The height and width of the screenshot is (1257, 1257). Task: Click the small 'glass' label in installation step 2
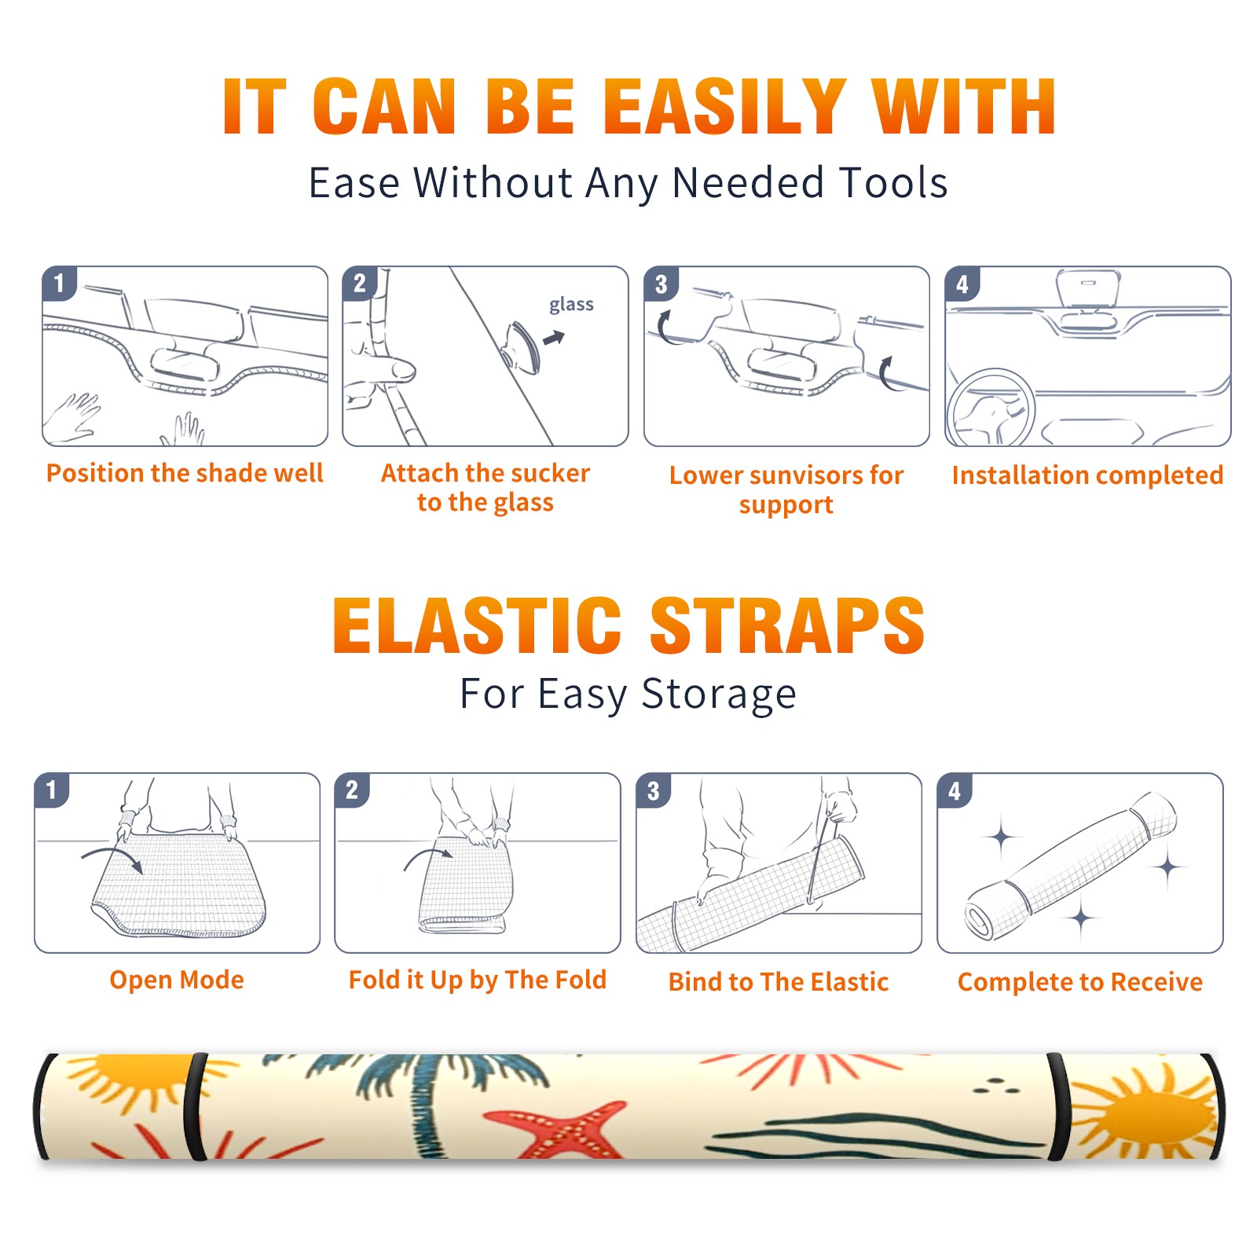click(x=571, y=305)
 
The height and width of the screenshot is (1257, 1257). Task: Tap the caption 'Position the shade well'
click(x=185, y=473)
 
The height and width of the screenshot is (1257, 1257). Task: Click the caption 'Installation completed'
click(x=1087, y=475)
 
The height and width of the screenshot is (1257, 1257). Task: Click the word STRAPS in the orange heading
click(x=787, y=625)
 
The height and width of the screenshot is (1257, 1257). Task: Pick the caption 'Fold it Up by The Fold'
click(x=478, y=980)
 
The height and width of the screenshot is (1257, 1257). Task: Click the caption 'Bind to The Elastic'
click(x=779, y=981)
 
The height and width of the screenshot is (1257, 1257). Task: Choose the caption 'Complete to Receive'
click(x=1080, y=981)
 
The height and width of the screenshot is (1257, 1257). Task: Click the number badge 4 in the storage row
click(x=955, y=790)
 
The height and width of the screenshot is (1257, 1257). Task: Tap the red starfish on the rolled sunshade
click(x=559, y=1132)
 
